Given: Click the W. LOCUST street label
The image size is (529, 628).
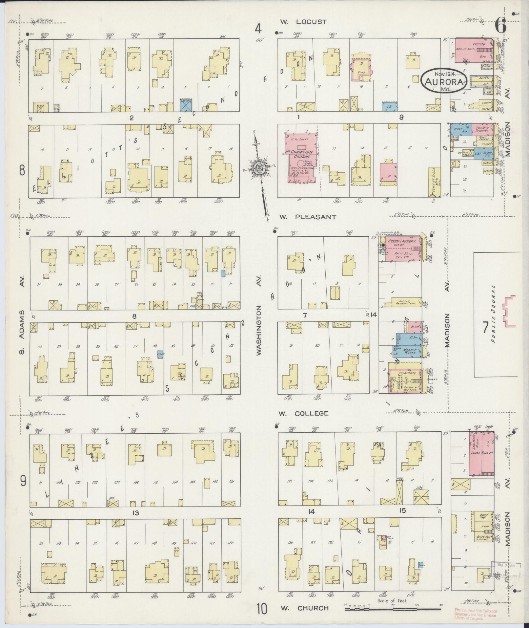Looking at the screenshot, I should pyautogui.click(x=303, y=22).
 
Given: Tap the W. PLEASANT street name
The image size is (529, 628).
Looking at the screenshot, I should pyautogui.click(x=308, y=217).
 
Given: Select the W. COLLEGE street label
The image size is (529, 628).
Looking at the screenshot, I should pyautogui.click(x=304, y=413).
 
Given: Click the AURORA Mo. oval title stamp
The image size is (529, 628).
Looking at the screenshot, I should pyautogui.click(x=444, y=80).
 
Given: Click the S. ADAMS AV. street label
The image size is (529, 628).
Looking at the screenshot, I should pyautogui.click(x=22, y=315).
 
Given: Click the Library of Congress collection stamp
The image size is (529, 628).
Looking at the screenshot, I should pyautogui.click(x=475, y=614).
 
